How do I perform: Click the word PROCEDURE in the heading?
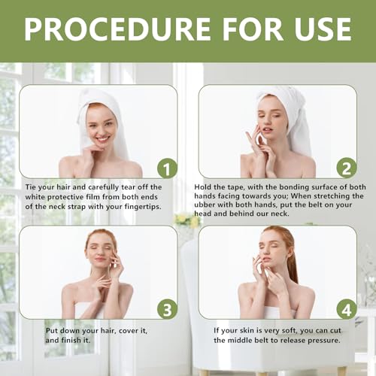(x=117, y=29)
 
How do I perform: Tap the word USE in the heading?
(x=323, y=29)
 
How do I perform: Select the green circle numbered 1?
(x=167, y=168)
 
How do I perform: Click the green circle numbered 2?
(x=347, y=168)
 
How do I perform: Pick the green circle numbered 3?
(x=167, y=309)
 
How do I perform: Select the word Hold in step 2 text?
(x=202, y=187)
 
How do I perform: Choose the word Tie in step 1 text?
(x=30, y=187)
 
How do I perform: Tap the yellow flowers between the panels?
(x=187, y=220)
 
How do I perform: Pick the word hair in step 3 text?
(x=108, y=331)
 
